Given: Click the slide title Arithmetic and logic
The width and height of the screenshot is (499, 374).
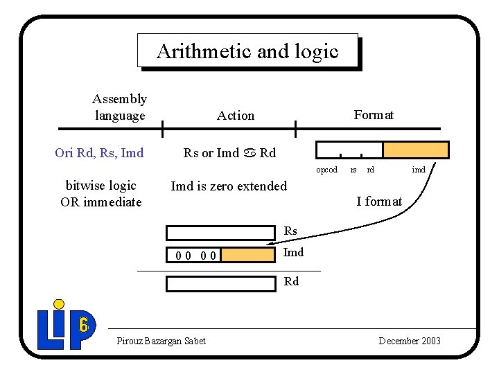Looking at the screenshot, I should [247, 51].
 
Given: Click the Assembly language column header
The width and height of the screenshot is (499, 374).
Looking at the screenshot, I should [120, 107].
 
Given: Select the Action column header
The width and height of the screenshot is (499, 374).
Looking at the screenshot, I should [236, 116].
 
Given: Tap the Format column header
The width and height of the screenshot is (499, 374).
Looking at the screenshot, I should [374, 115].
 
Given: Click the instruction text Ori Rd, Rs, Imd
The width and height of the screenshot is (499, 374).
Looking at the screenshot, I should [99, 153].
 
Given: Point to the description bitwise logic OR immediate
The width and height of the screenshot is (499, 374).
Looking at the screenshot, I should [101, 194].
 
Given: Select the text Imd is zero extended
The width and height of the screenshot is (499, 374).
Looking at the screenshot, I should [229, 186].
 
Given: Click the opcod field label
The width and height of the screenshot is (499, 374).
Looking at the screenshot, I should [326, 170].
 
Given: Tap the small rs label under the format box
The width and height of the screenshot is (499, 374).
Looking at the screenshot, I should [353, 170].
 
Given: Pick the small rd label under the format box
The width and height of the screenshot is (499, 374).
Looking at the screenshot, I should [371, 170].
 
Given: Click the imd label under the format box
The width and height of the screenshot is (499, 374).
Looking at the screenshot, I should [419, 170].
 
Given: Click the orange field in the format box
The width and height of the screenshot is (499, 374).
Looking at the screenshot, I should [416, 150].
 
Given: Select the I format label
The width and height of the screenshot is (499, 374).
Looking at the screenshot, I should [379, 202].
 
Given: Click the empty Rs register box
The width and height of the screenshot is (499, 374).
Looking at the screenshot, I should [221, 233].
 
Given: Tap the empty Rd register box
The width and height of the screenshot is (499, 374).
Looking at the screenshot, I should [221, 283].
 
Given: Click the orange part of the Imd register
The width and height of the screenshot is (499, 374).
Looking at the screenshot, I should [248, 255].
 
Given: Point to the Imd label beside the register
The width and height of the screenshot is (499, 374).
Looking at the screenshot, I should [294, 252].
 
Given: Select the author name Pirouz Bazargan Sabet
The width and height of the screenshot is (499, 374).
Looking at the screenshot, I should [161, 341].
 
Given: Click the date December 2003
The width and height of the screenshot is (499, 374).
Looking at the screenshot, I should [410, 341].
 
